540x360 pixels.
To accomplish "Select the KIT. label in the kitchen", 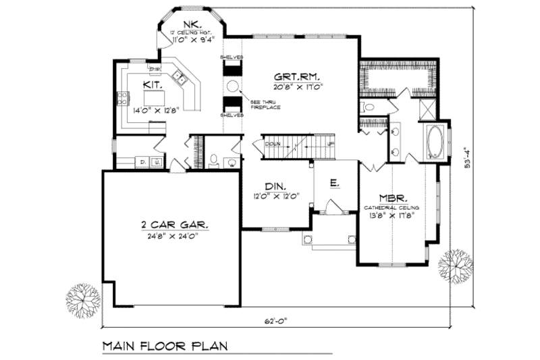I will pyautogui.click(x=151, y=85).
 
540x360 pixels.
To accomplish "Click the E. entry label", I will pyautogui.click(x=333, y=182).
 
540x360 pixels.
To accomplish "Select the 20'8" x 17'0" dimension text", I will pyautogui.click(x=300, y=86).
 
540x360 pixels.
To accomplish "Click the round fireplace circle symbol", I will pyautogui.click(x=232, y=86).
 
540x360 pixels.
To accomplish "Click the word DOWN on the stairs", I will pyautogui.click(x=273, y=144).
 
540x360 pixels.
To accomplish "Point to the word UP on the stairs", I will pyautogui.click(x=330, y=144).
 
